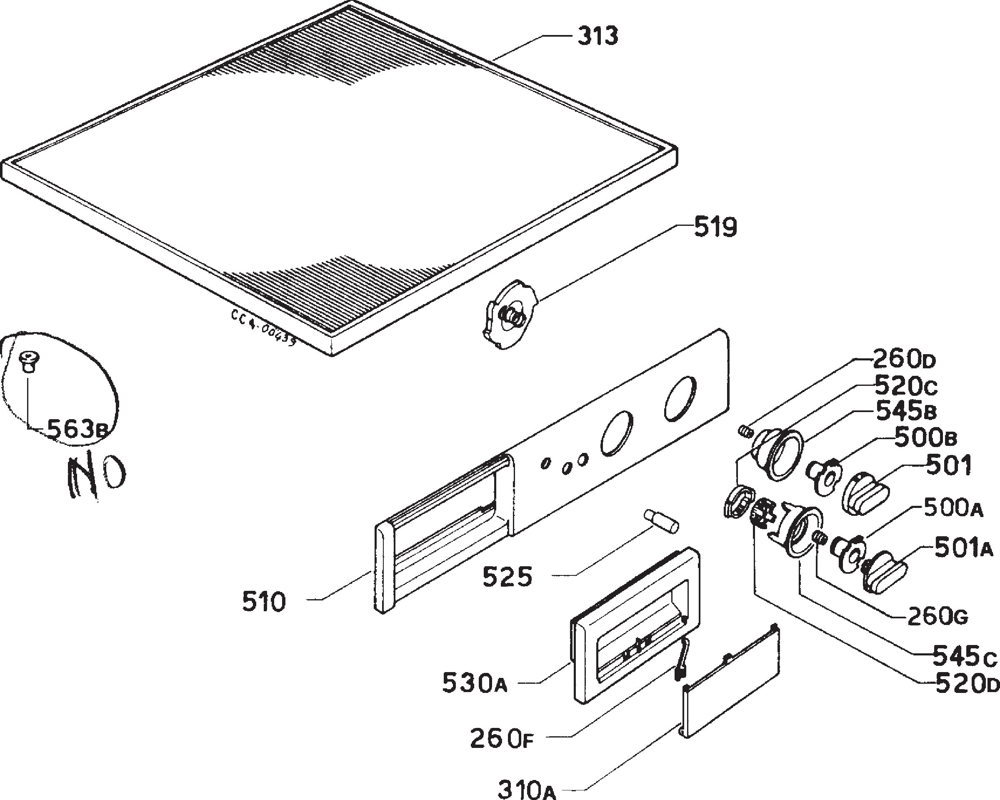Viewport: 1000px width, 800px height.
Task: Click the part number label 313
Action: tap(597, 36)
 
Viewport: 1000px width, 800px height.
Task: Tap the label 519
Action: tap(715, 228)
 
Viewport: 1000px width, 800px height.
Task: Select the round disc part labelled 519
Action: tap(510, 315)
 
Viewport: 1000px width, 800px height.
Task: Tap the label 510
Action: tap(264, 602)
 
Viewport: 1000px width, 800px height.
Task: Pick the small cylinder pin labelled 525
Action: tap(661, 522)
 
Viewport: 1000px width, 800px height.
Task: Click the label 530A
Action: tap(475, 682)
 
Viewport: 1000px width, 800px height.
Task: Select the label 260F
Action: tap(502, 738)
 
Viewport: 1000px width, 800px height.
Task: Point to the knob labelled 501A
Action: tap(884, 571)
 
